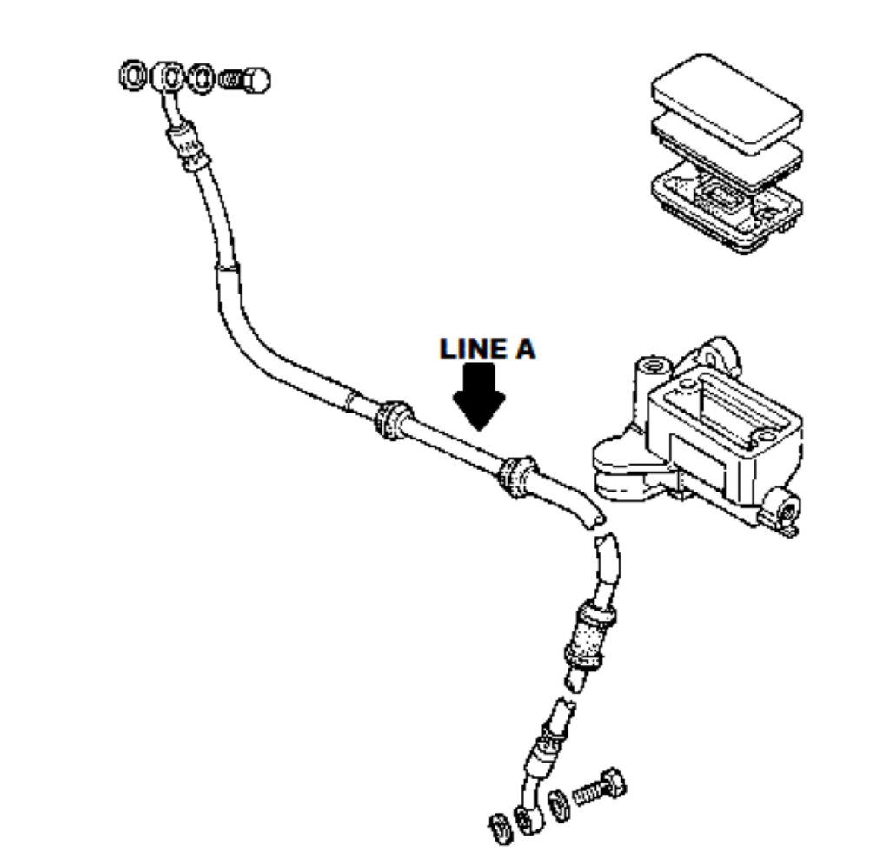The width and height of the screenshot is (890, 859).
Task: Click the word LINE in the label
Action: coord(472,349)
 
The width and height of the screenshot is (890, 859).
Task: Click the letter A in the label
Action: coord(523,349)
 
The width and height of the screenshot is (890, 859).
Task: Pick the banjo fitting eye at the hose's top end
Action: coord(168,76)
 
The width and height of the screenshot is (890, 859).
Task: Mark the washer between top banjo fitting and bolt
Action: coord(201,78)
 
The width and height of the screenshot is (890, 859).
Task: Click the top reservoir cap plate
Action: coord(726,102)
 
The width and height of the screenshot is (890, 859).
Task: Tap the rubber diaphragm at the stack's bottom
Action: coord(726,204)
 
